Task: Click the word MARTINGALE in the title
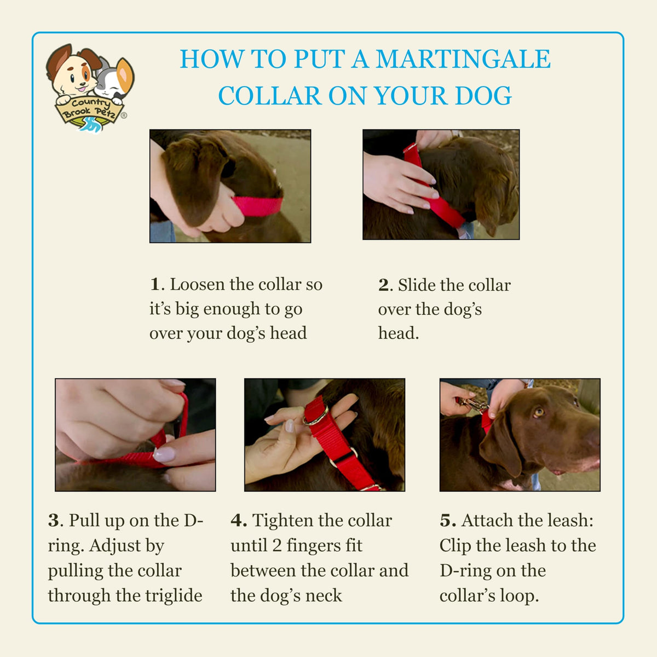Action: (463, 59)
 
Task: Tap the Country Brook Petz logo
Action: (90, 88)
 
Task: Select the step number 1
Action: (155, 284)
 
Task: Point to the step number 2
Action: (383, 285)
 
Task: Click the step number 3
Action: (53, 521)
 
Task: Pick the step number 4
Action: (237, 521)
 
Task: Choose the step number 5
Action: (446, 521)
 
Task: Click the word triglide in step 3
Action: (174, 596)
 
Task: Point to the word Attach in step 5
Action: (485, 521)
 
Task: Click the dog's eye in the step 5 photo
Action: (538, 412)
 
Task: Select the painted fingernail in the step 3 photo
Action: (164, 454)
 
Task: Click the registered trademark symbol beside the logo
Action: (124, 115)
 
